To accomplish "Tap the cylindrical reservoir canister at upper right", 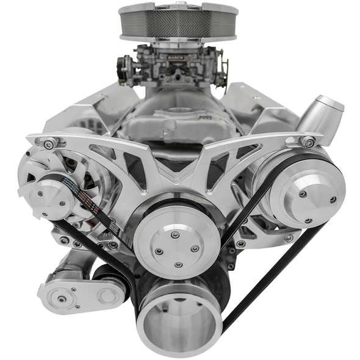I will click(323, 120).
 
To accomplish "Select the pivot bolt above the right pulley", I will click(309, 143).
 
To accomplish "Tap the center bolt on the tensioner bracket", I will click(62, 299).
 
